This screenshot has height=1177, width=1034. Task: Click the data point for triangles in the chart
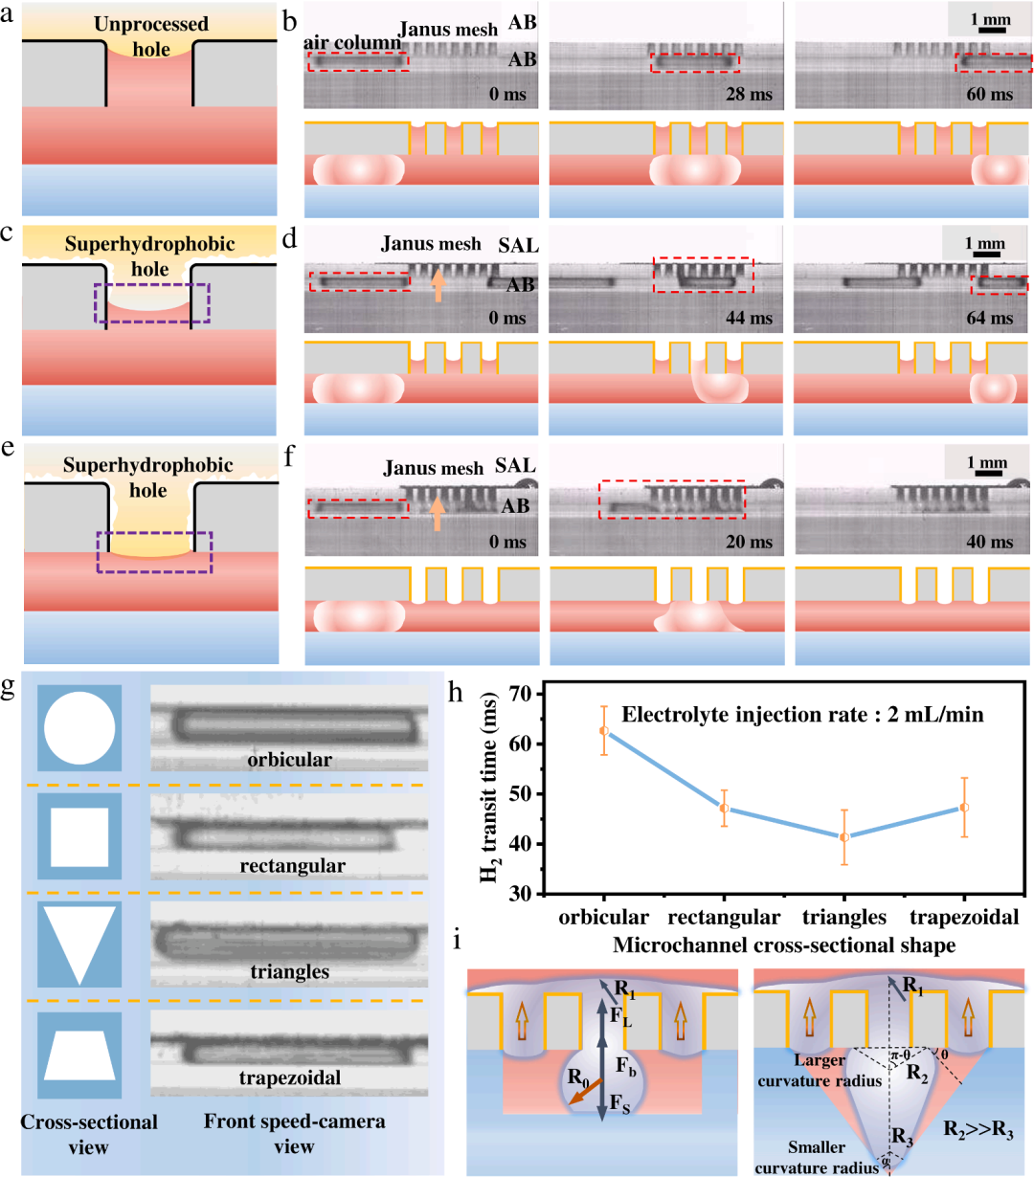pyautogui.click(x=844, y=836)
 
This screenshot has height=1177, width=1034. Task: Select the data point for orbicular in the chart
pyautogui.click(x=604, y=730)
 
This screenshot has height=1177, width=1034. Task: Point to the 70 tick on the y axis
pyautogui.click(x=522, y=693)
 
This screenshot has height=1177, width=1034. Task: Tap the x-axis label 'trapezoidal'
pyautogui.click(x=964, y=917)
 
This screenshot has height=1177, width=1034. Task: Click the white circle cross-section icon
pyautogui.click(x=79, y=728)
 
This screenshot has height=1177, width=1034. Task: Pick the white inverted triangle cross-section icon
pyautogui.click(x=79, y=945)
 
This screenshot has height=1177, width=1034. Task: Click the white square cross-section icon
pyautogui.click(x=79, y=836)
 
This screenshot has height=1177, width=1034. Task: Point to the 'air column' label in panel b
pyautogui.click(x=353, y=42)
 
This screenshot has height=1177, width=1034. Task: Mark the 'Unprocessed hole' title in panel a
pyautogui.click(x=150, y=35)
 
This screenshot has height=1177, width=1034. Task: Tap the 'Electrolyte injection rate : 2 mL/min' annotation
pyautogui.click(x=802, y=714)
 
